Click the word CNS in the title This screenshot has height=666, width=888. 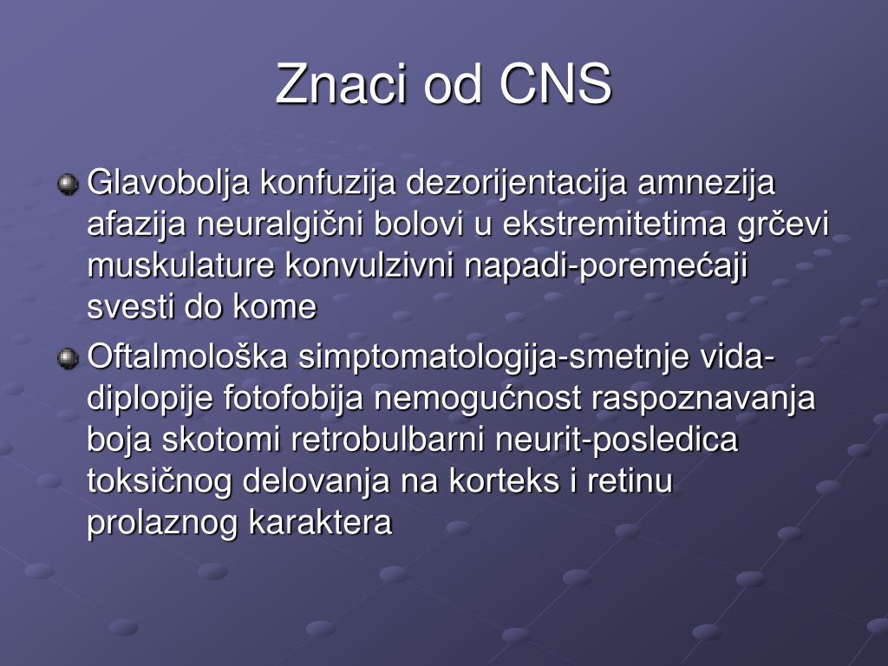coord(555,84)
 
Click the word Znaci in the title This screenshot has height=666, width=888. coord(341,84)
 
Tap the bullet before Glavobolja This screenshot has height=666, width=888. coord(68,184)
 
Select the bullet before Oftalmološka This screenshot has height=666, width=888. coord(68,358)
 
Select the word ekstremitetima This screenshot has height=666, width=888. coord(615,225)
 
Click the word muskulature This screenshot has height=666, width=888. coord(180,265)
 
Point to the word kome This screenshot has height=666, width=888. coord(274,307)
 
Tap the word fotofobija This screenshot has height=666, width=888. coord(293,397)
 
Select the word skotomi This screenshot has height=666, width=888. coord(221,440)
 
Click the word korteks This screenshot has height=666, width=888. coord(504,481)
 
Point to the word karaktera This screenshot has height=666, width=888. coord(321,522)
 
